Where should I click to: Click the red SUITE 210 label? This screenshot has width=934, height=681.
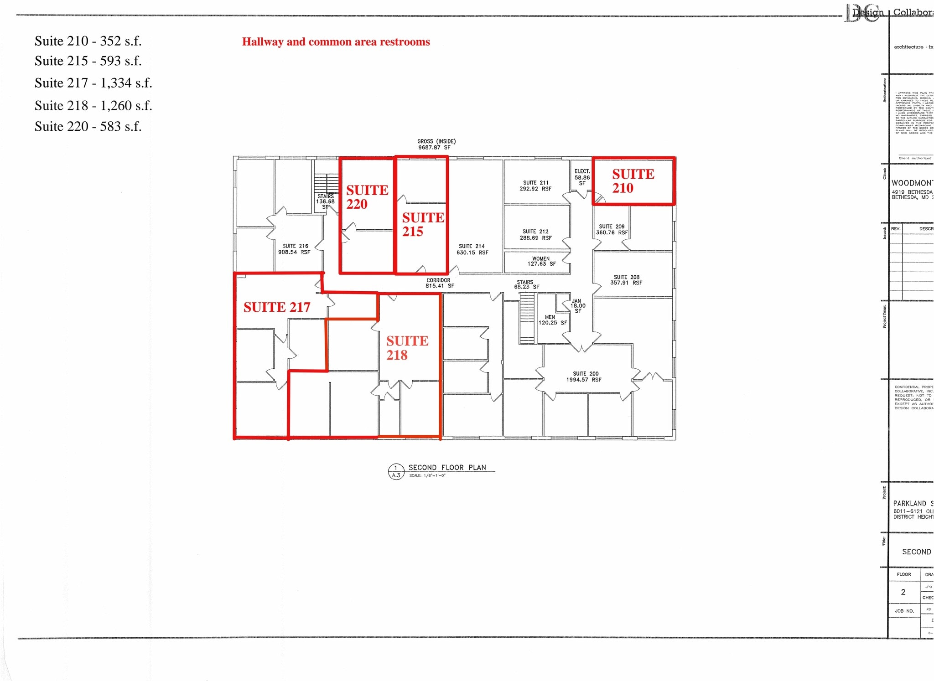633,181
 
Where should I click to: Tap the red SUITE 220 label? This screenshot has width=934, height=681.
367,197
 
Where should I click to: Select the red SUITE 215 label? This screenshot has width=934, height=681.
422,224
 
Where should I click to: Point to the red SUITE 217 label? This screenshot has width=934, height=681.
276,307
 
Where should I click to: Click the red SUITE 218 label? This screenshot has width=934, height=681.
407,348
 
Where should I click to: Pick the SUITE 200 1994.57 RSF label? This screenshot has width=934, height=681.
585,377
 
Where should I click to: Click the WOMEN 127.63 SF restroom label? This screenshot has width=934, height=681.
541,261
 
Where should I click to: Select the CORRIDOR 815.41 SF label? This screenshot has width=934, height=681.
439,283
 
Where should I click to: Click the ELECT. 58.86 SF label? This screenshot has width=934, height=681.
582,177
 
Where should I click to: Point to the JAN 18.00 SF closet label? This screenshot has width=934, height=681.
577,306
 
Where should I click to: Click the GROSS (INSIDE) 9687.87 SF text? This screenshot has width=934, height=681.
436,144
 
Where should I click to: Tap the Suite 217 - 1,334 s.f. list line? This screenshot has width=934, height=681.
93,83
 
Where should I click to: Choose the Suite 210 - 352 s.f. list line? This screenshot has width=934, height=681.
88,41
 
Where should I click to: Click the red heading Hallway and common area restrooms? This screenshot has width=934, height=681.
336,42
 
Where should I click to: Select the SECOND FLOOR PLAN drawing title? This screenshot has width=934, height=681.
447,468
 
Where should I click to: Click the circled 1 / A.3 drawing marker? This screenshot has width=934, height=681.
395,471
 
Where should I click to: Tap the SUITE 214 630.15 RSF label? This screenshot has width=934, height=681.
472,249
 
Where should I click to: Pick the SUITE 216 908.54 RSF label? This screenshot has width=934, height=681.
295,249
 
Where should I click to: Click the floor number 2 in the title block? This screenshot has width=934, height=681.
903,592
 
